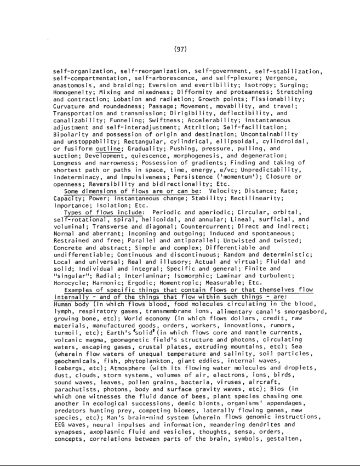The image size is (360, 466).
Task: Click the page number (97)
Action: tap(180, 49)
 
